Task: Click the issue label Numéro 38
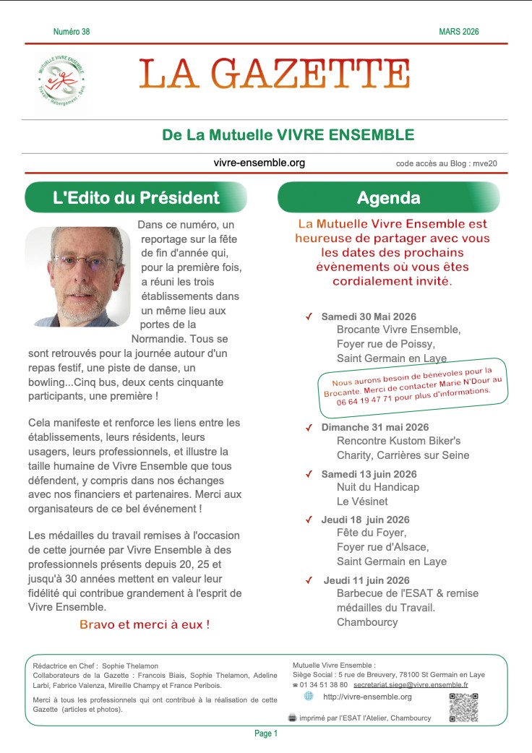72,32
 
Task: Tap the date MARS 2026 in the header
458,32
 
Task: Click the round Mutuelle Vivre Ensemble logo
60,80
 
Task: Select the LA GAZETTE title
275,74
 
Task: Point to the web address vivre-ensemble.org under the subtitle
259,163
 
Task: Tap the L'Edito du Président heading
136,197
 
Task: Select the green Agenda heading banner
388,197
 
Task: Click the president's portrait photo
78,276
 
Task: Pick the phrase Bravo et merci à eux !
145,624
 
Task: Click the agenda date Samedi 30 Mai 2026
369,317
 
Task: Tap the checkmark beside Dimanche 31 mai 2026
309,428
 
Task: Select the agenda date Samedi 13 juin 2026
369,474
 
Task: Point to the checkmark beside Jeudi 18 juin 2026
309,520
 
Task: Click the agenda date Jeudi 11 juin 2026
366,580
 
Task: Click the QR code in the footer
463,707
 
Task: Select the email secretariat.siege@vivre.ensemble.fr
411,684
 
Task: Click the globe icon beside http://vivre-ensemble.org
309,696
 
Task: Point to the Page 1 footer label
266,733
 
